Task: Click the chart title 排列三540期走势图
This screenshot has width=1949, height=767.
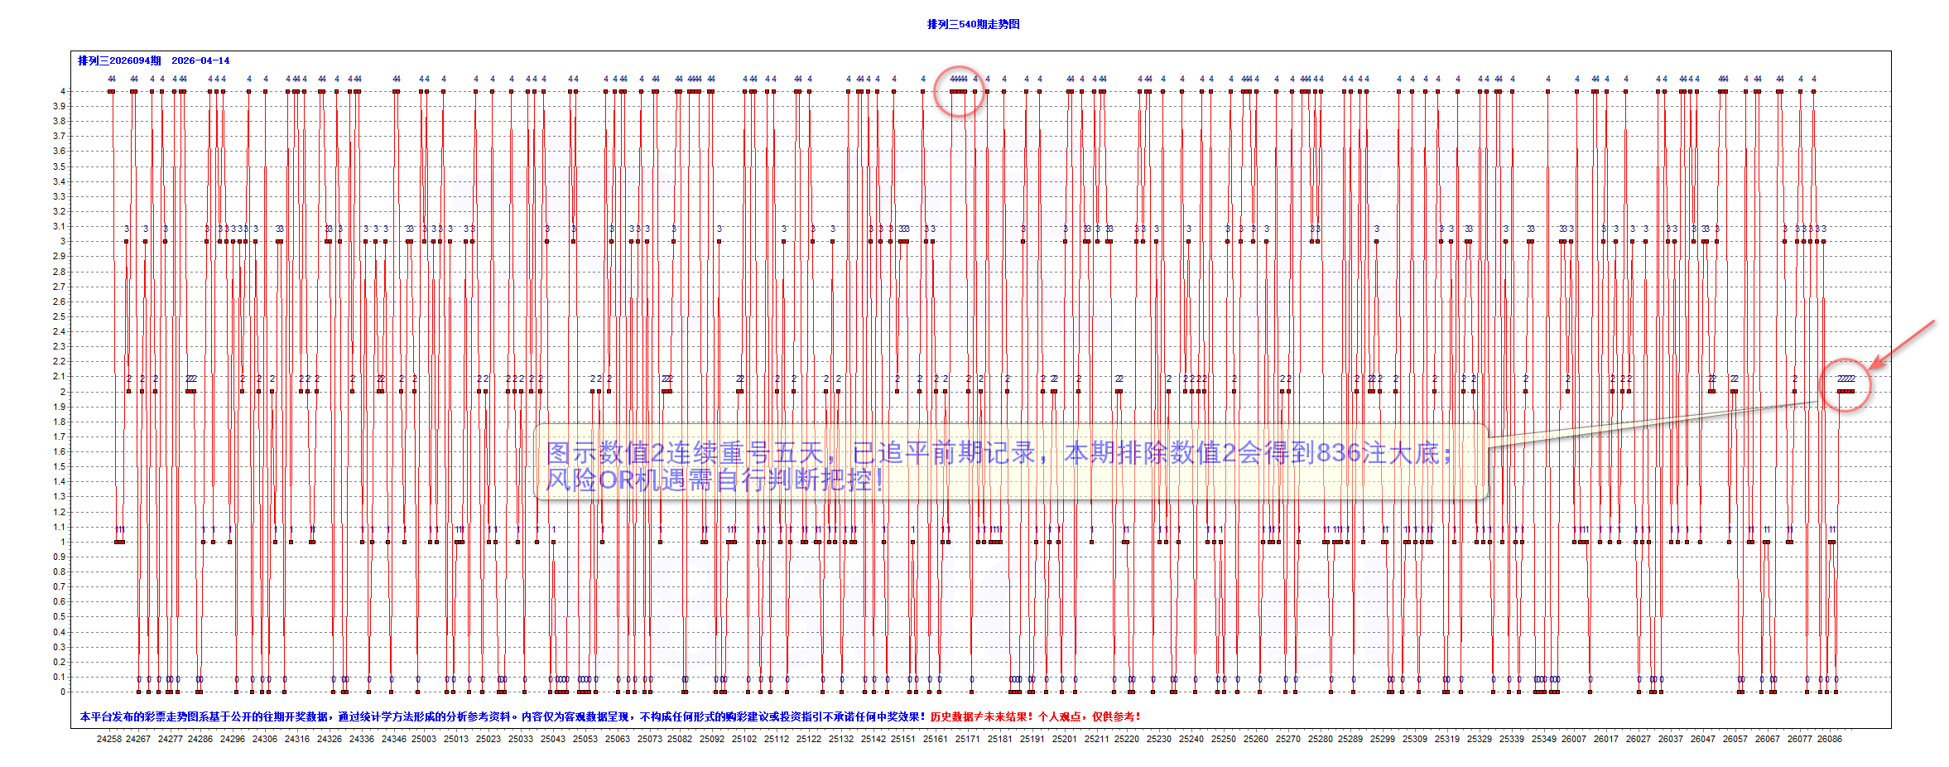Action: tap(973, 24)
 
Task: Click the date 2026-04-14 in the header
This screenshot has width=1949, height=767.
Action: tap(200, 60)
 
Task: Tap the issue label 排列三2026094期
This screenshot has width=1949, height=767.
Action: tap(119, 60)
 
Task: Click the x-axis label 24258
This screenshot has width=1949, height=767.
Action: tap(109, 739)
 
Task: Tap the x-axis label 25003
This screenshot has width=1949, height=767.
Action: tap(424, 739)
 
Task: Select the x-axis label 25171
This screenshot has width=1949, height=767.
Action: tap(967, 739)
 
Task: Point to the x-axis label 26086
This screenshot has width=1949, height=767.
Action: tap(1830, 739)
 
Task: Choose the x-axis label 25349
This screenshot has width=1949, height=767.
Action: tap(1543, 739)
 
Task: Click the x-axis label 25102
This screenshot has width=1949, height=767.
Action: tap(744, 739)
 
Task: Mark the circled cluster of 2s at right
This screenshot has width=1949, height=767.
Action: tap(1846, 385)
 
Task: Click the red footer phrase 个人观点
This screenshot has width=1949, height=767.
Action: tap(1060, 716)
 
